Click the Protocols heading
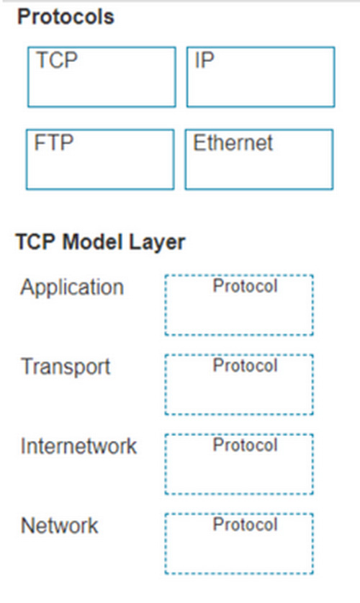(x=66, y=17)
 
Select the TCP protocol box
(x=102, y=77)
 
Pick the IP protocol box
(x=261, y=77)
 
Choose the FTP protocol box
(x=100, y=160)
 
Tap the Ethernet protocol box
(x=259, y=160)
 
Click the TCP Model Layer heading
(x=101, y=242)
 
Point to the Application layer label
(x=72, y=287)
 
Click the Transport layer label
(x=66, y=367)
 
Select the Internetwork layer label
(x=78, y=446)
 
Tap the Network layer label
(x=60, y=526)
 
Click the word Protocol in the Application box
(x=245, y=286)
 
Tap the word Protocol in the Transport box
(x=245, y=366)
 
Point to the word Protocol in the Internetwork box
(x=245, y=445)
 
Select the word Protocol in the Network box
(x=245, y=525)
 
